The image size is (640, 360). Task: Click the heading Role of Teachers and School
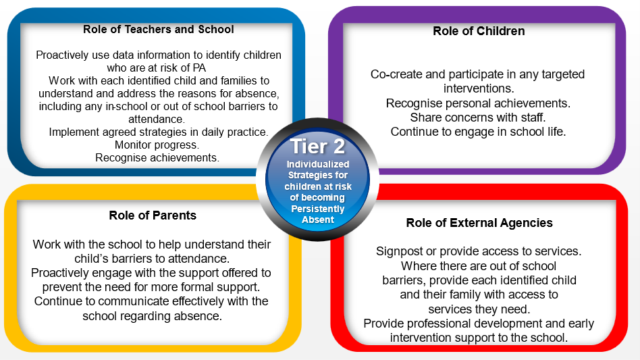pyautogui.click(x=159, y=30)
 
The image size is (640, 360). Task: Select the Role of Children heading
pyautogui.click(x=479, y=31)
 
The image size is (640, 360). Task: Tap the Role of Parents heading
pyautogui.click(x=153, y=215)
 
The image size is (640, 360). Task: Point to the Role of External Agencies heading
pyautogui.click(x=479, y=223)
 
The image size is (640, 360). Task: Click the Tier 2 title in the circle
pyautogui.click(x=317, y=147)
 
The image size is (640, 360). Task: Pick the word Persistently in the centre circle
pyautogui.click(x=317, y=209)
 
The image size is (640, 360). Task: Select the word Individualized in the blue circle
pyautogui.click(x=318, y=164)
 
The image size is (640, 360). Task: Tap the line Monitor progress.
pyautogui.click(x=157, y=145)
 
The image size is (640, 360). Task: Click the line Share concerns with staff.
pyautogui.click(x=478, y=118)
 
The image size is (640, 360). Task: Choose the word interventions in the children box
pyautogui.click(x=479, y=88)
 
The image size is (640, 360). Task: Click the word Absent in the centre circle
pyautogui.click(x=318, y=220)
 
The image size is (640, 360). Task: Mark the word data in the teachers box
pyautogui.click(x=124, y=55)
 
